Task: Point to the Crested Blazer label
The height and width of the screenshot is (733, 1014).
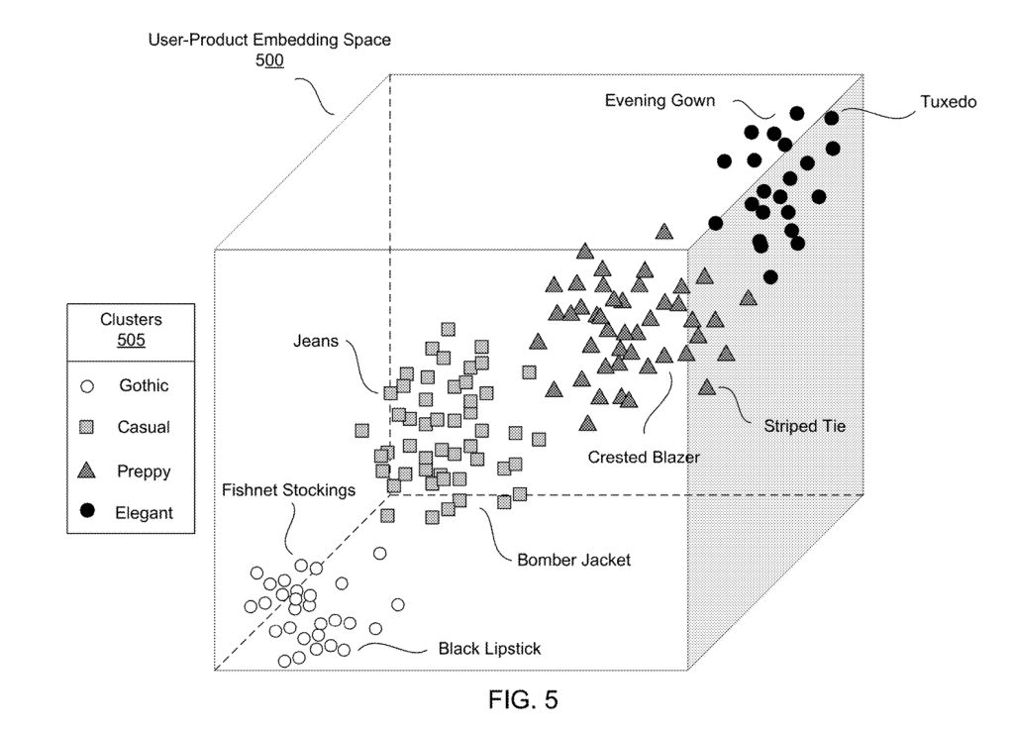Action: [x=644, y=458]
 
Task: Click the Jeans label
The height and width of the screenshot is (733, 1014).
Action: [x=316, y=342]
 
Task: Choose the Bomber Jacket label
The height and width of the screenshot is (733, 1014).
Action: [x=573, y=560]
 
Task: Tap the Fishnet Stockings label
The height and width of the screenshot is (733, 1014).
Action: [x=289, y=490]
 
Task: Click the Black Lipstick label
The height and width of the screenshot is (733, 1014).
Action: [x=490, y=650]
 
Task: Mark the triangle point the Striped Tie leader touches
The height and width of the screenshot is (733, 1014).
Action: [x=707, y=387]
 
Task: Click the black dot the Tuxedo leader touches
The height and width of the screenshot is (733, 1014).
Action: [x=832, y=119]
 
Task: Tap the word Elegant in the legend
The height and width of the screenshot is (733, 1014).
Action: [x=145, y=513]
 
